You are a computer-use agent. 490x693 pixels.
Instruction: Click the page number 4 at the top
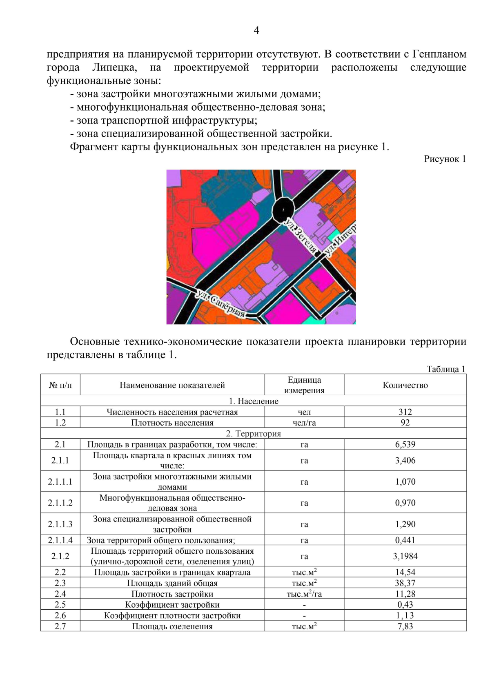point(256,31)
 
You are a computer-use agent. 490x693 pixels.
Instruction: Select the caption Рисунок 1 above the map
point(445,159)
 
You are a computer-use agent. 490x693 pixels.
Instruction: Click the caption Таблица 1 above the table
point(446,369)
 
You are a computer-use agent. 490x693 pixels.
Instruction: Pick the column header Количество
point(405,385)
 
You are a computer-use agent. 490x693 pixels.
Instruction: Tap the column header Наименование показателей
point(172,385)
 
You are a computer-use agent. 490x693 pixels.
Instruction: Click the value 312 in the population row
point(405,412)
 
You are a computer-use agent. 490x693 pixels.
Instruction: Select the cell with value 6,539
point(405,444)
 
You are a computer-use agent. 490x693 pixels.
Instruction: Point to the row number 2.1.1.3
point(60,524)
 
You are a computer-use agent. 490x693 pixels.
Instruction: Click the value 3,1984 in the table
point(405,556)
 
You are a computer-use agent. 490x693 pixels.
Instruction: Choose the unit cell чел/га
point(304,423)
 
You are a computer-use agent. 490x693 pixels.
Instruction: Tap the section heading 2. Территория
point(254,433)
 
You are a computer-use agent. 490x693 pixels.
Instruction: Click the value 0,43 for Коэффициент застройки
point(405,604)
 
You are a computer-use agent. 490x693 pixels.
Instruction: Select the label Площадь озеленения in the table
point(172,626)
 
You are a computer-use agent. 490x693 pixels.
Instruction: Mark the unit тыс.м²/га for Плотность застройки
point(304,594)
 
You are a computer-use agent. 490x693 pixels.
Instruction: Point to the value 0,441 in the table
point(405,540)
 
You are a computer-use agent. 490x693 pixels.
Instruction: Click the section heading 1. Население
point(254,401)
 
